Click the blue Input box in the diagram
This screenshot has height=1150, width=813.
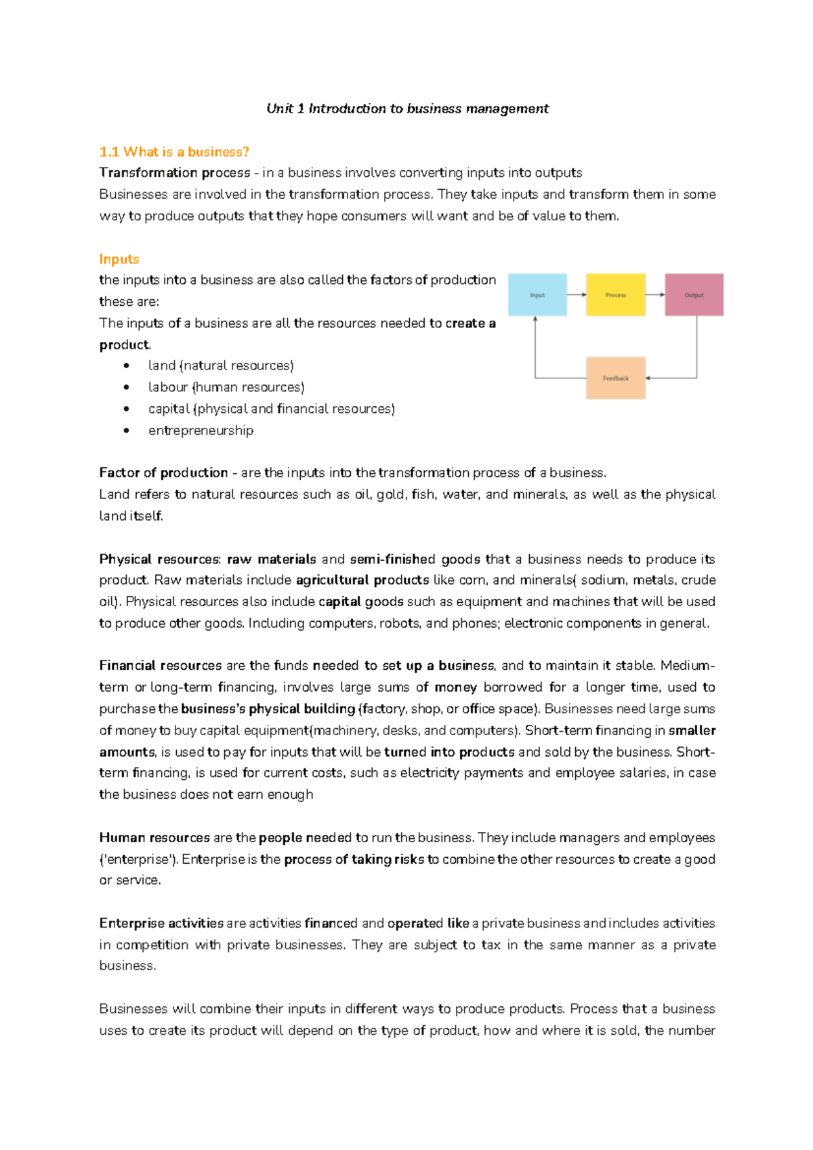(x=537, y=295)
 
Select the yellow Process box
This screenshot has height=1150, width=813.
(x=615, y=295)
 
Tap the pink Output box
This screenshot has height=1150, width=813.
(x=694, y=295)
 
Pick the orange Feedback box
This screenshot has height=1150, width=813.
(x=615, y=378)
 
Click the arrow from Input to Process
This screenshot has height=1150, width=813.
(x=577, y=295)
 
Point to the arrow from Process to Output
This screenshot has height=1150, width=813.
(x=655, y=295)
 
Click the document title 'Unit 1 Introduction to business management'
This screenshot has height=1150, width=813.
(x=407, y=108)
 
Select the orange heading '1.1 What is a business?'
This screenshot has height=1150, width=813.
(x=174, y=152)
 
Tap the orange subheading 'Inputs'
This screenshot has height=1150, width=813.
(x=119, y=259)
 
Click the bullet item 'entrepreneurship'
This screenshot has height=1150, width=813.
(x=201, y=431)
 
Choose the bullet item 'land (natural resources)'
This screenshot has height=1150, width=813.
(x=221, y=365)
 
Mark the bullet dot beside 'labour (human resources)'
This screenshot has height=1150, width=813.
(x=127, y=387)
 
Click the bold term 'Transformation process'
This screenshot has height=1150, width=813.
(x=174, y=173)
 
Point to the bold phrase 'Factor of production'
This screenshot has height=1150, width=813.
(x=163, y=473)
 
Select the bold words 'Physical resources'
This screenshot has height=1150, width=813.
(x=159, y=559)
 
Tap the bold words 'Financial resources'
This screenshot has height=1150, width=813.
(x=161, y=665)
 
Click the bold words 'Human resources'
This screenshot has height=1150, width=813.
(x=154, y=837)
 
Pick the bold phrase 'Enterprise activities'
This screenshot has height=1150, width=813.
(x=161, y=923)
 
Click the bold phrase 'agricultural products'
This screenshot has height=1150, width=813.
(x=362, y=580)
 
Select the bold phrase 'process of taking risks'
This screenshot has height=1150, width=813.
(x=354, y=859)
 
